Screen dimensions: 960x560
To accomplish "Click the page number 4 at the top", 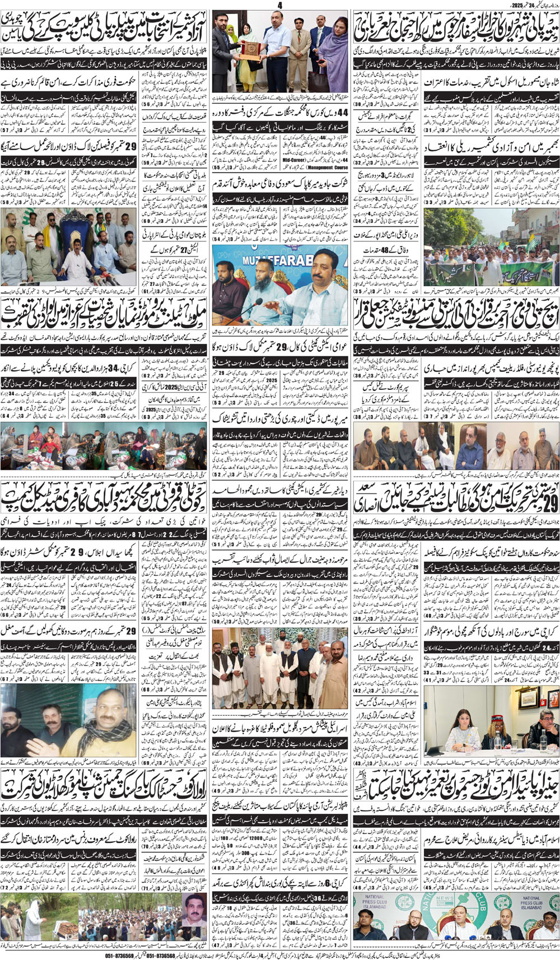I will click(x=279, y=5).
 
